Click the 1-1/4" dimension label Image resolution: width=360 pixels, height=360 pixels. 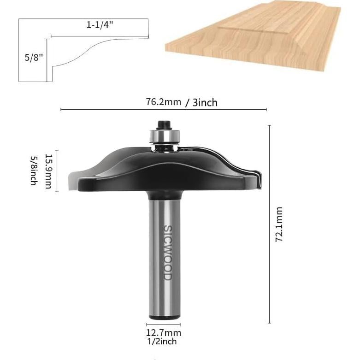tap(100, 26)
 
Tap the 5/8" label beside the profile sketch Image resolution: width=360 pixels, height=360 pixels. tap(33, 58)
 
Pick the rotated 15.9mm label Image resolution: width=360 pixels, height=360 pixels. tap(48, 171)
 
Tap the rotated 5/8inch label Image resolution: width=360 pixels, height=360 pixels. tap(34, 171)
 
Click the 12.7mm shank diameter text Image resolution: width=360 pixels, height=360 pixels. tap(164, 333)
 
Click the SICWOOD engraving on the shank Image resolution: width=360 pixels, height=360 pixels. tap(167, 252)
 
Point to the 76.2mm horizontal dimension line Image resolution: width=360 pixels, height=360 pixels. tap(163, 110)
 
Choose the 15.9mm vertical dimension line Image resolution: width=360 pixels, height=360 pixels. tap(57, 171)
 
